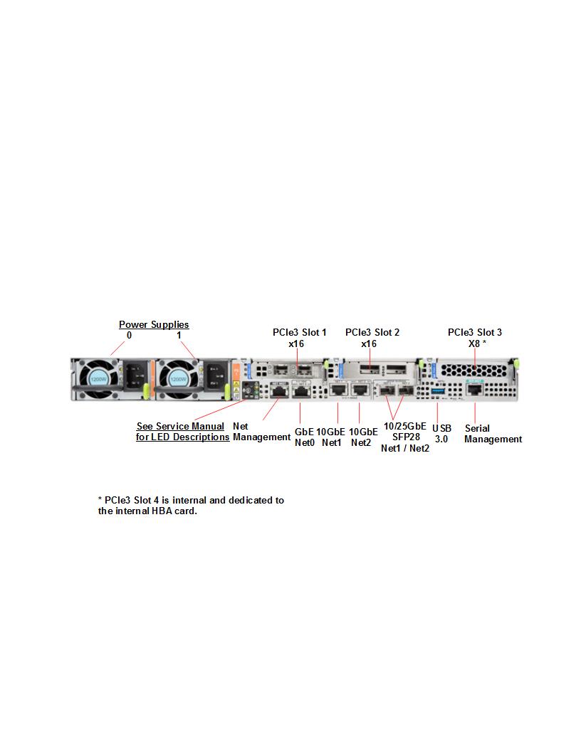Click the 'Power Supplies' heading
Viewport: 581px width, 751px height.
point(154,325)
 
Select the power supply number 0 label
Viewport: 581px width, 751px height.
point(129,335)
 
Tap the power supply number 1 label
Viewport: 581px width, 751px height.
point(179,335)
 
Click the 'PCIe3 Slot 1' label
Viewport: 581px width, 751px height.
point(300,332)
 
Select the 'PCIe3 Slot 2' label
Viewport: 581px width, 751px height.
point(372,332)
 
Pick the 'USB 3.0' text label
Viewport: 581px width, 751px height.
point(441,434)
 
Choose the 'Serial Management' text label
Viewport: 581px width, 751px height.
point(493,434)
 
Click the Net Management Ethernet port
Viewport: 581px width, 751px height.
point(278,392)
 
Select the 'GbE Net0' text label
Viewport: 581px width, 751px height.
point(304,437)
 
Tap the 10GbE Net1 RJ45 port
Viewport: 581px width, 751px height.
point(338,392)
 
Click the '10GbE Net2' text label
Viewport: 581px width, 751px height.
point(363,437)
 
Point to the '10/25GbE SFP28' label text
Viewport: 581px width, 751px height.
point(405,432)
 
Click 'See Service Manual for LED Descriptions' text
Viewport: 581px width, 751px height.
point(182,432)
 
